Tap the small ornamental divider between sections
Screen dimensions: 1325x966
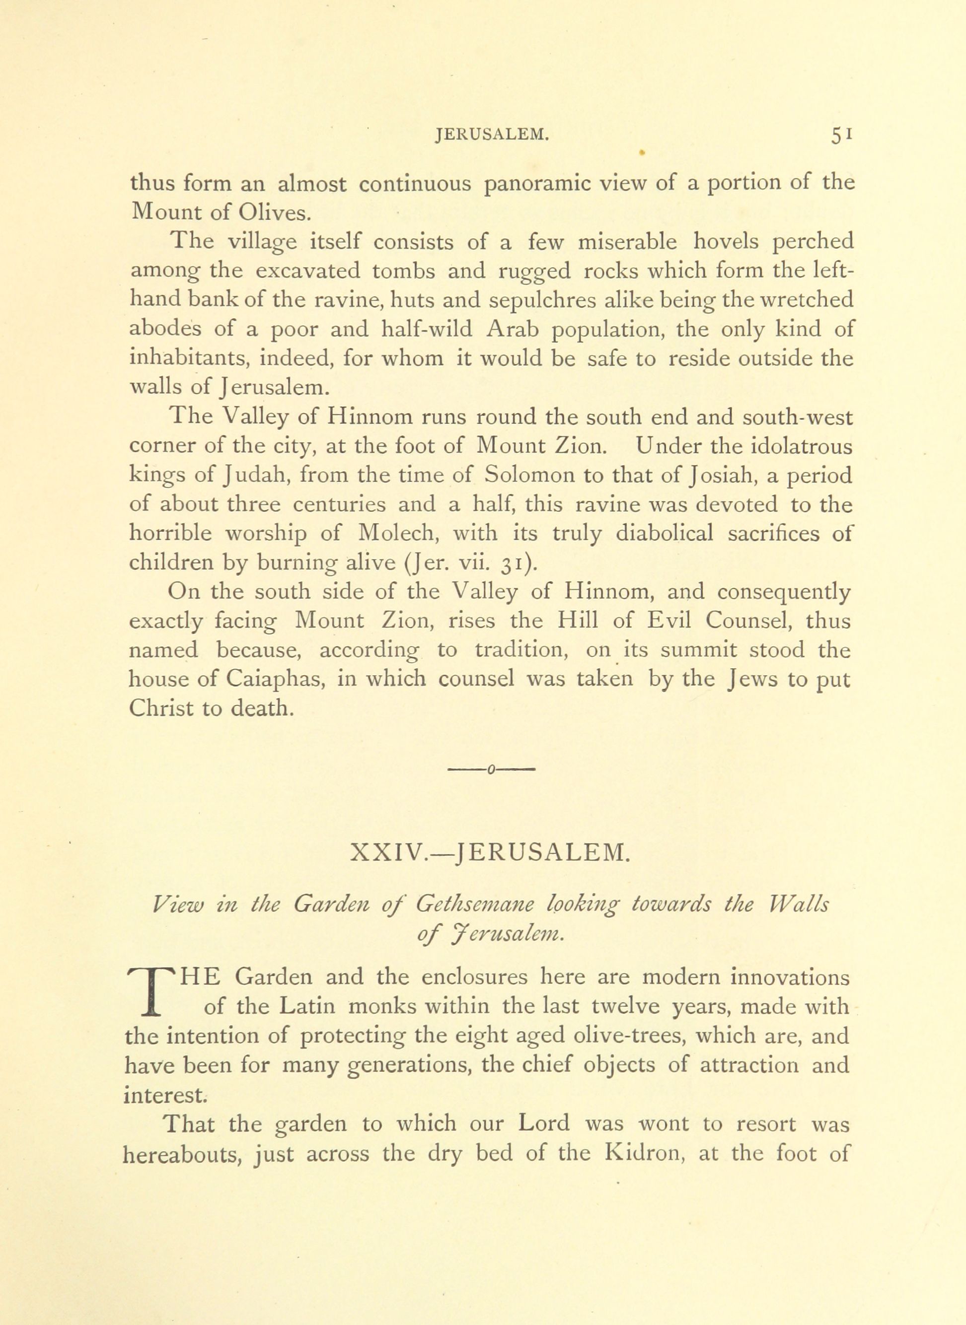click(x=491, y=771)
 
